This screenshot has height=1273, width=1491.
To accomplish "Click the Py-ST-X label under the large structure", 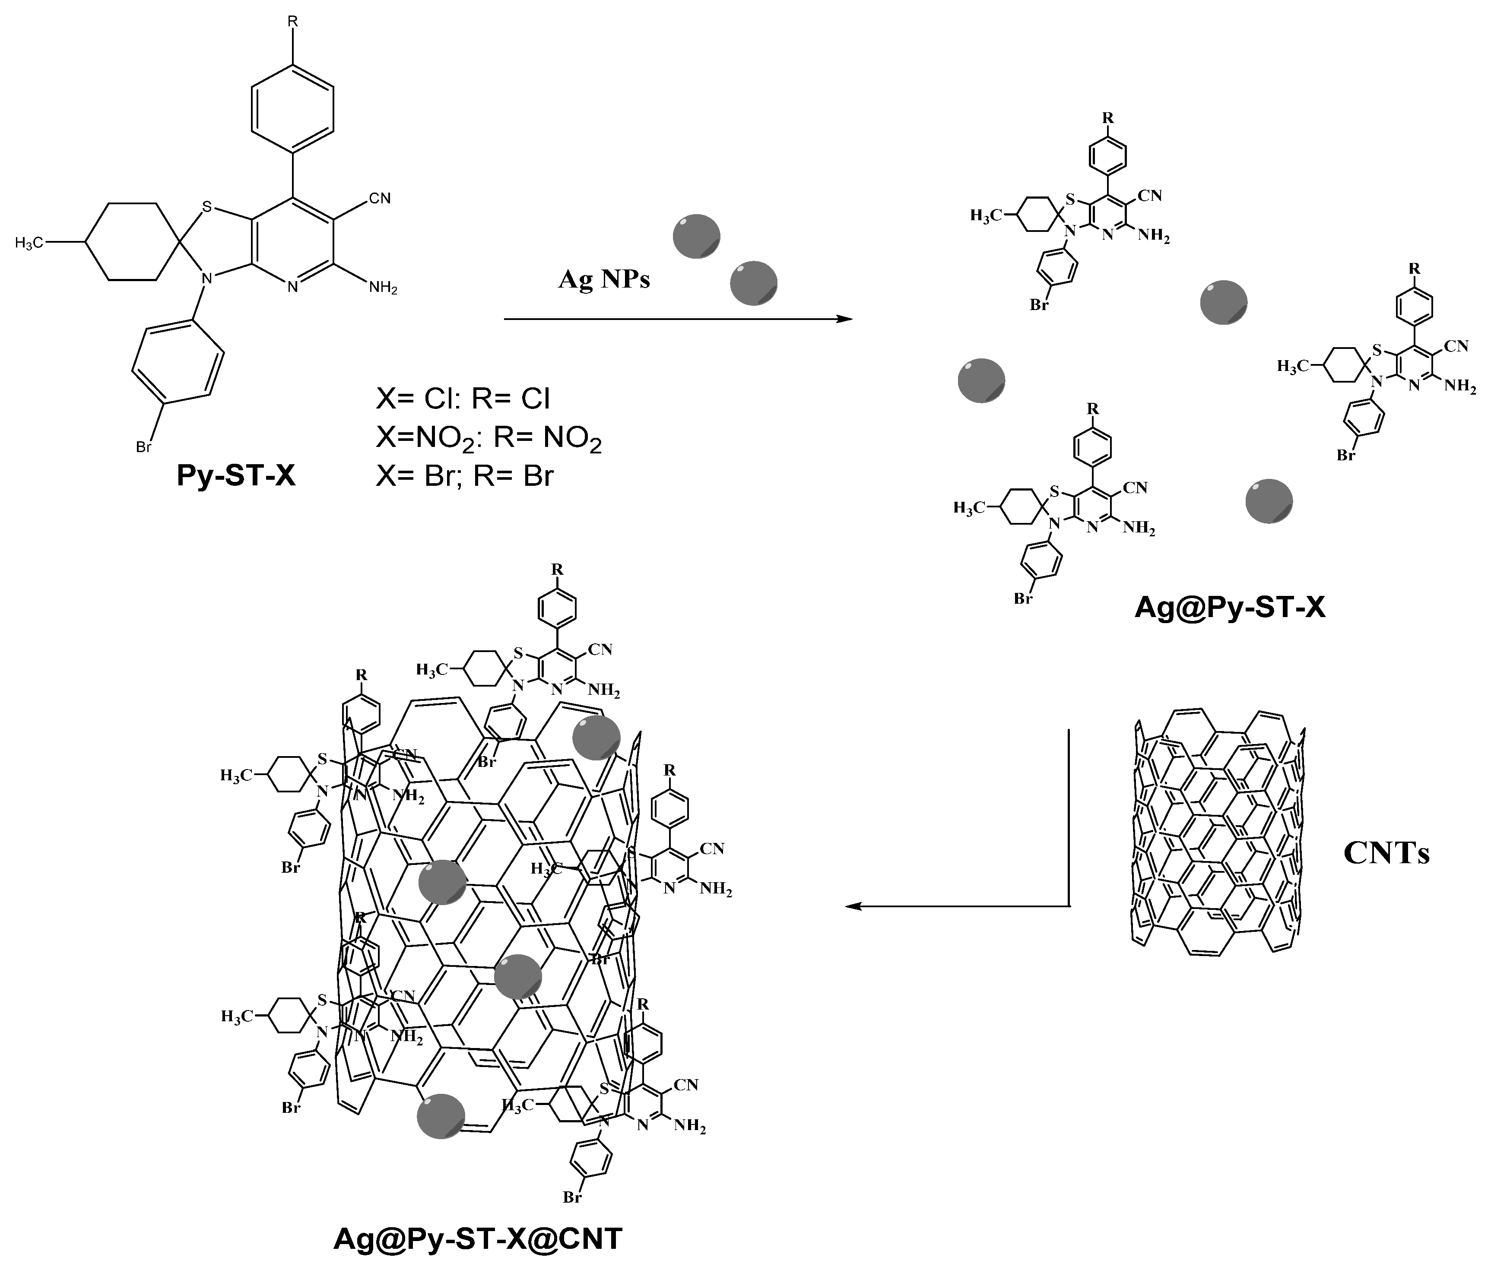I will pos(236,476).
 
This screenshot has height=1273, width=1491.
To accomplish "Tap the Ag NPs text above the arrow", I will pos(604,279).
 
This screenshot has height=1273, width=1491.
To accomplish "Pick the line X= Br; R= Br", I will pos(464,476).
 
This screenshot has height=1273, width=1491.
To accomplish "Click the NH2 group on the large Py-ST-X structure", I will pos(383,288).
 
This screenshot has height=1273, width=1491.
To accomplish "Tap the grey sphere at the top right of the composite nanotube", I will pos(596,737).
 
